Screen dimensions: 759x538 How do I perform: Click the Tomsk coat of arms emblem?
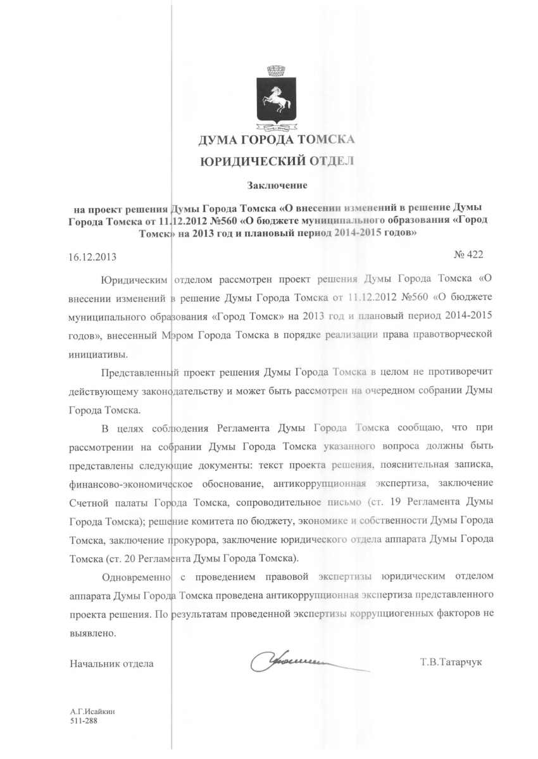pos(276,98)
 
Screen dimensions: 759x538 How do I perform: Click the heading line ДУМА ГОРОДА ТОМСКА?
pos(277,139)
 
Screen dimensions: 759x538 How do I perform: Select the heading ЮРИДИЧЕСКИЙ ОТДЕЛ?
pos(277,161)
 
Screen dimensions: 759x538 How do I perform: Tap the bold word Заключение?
pos(277,185)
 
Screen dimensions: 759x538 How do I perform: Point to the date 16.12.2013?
pos(92,257)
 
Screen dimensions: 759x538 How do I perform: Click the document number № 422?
pos(468,254)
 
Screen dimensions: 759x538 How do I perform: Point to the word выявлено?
pos(92,632)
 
